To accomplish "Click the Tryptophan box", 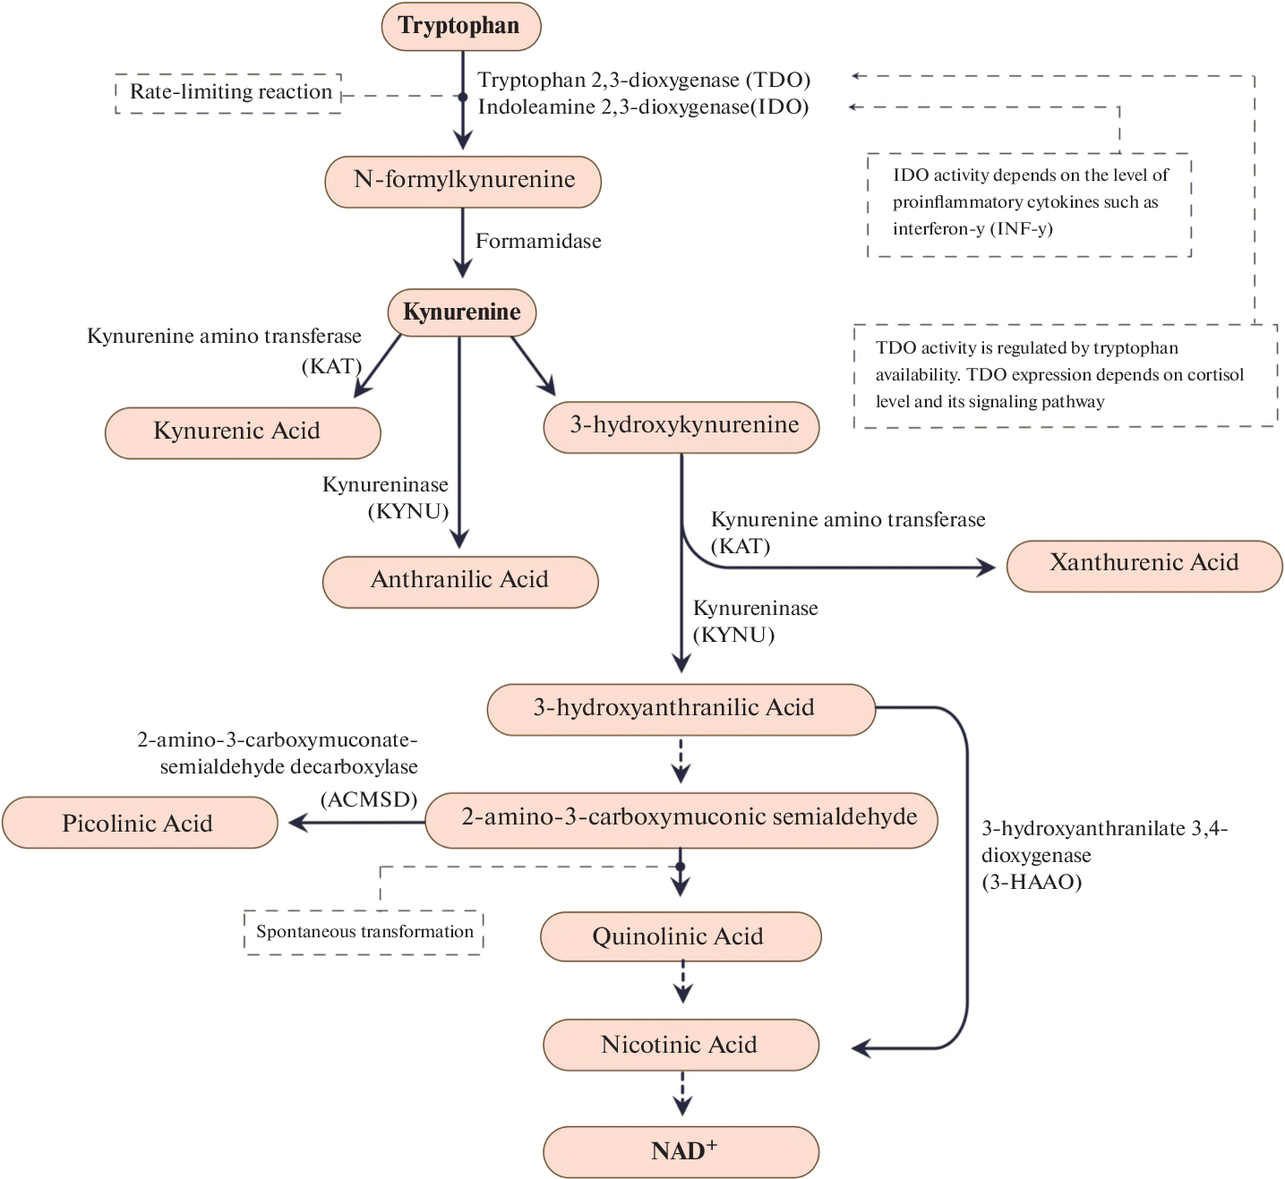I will (x=460, y=26).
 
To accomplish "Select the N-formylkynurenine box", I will (x=463, y=181).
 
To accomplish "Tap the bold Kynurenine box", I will (x=461, y=312).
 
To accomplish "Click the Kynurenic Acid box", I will (x=243, y=432).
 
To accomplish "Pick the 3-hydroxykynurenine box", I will (x=681, y=426).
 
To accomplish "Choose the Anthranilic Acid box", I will (x=460, y=581).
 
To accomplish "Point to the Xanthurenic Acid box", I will (x=1144, y=565).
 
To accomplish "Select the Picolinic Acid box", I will (x=140, y=823).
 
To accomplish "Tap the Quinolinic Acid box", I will (x=681, y=936).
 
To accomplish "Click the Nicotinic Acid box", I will (x=681, y=1045).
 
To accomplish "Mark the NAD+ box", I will (x=681, y=1151).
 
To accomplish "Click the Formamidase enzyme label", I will (x=538, y=241).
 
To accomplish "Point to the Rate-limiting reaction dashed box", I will (x=229, y=92).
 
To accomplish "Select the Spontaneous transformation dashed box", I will (x=364, y=932).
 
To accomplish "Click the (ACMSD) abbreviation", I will (x=369, y=799).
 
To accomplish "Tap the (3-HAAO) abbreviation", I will (x=1032, y=882).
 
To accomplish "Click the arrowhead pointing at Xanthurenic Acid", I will (x=988, y=568).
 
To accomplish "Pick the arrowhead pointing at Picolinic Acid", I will (x=296, y=822).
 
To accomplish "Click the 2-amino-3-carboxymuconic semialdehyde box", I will (x=681, y=819).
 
